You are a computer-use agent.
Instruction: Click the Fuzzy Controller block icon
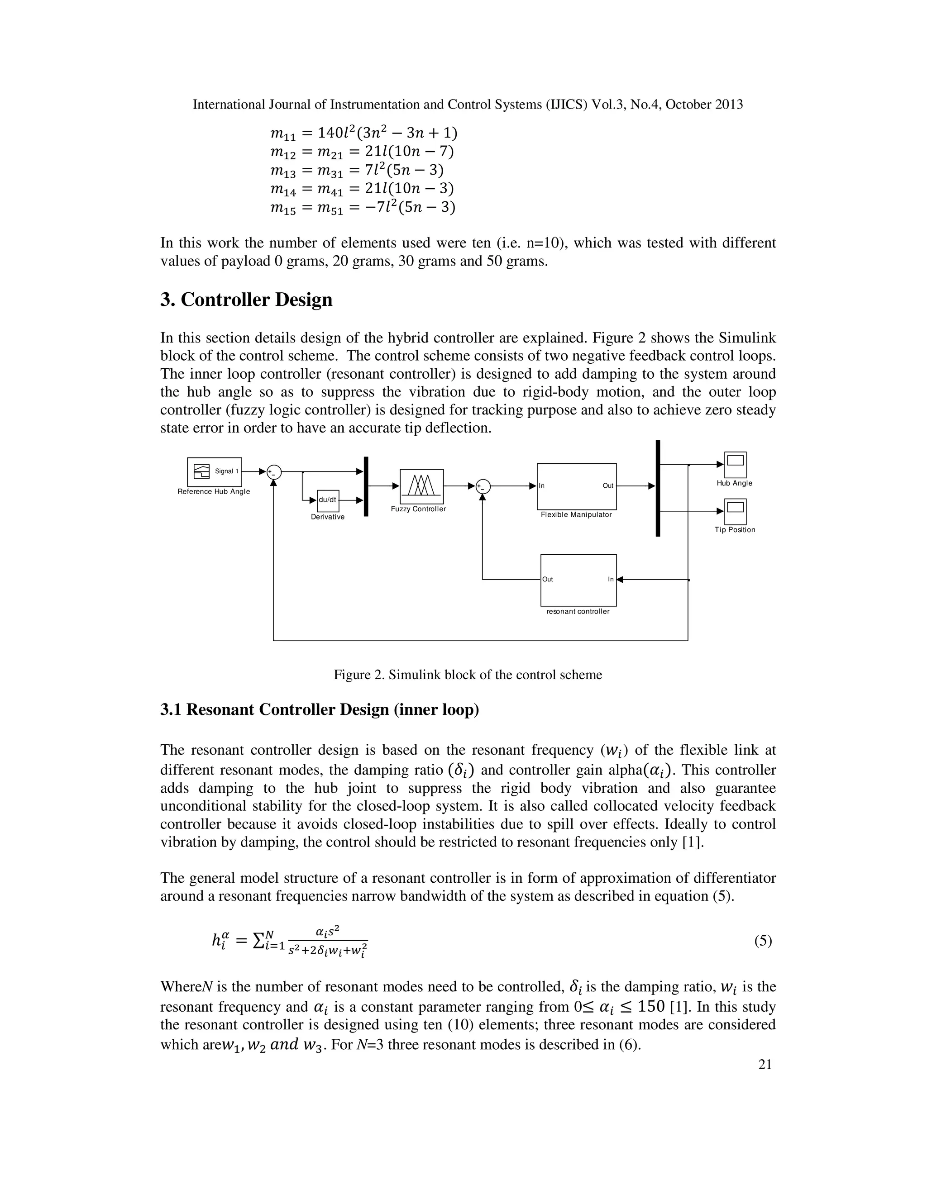421,486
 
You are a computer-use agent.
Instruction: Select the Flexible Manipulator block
576,486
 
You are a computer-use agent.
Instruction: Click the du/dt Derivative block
328,500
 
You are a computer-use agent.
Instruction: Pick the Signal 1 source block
214,471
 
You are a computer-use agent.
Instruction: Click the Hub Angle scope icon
735,465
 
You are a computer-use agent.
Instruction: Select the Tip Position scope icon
735,511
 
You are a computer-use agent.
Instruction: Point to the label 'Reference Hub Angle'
214,492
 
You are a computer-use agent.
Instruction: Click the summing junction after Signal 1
273,471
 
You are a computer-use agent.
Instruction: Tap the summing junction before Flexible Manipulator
483,486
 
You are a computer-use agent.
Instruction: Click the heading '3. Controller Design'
246,300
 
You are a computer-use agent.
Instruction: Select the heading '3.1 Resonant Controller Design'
319,710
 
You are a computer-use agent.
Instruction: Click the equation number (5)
763,941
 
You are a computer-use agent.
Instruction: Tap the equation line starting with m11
363,133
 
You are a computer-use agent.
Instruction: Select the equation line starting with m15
363,208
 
